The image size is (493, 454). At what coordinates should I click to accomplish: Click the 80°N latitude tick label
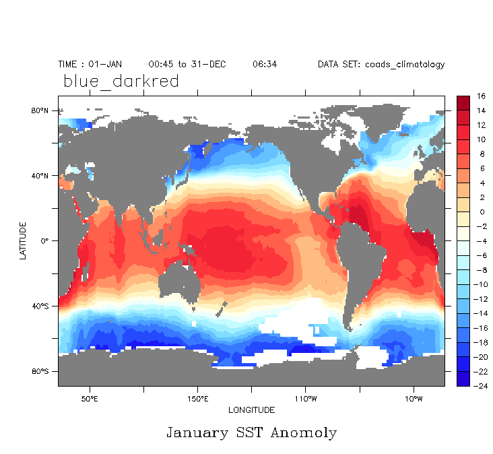[41, 110]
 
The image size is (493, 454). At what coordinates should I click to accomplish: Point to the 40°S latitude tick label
[41, 306]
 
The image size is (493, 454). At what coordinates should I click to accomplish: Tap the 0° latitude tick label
[45, 240]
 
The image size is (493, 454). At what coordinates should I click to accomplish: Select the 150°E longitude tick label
[197, 397]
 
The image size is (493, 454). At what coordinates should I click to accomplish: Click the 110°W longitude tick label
[305, 397]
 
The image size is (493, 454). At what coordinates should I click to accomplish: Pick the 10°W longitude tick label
[413, 397]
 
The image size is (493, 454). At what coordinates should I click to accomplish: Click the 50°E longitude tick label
[90, 397]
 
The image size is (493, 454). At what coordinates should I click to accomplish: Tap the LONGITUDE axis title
[251, 410]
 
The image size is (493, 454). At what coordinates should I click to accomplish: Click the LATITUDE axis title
[23, 241]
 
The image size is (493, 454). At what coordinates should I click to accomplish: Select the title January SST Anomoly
[251, 432]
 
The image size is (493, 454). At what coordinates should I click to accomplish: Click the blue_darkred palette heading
[121, 82]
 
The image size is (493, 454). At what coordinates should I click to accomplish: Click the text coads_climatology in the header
[405, 65]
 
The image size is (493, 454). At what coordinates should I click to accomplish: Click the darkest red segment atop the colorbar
[463, 103]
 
